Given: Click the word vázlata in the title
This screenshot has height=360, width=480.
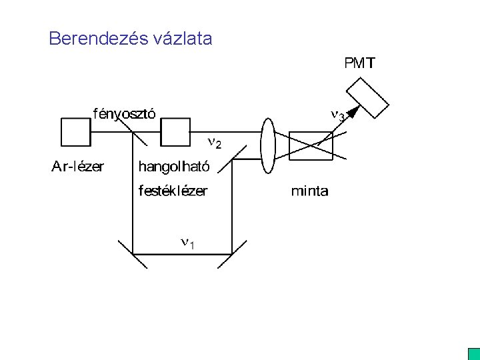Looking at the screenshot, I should coord(182,39).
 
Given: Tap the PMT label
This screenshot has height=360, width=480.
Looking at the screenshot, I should coord(359,64).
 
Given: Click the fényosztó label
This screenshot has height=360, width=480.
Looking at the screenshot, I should coord(124,113).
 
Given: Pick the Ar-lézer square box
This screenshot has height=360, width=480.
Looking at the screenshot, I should coord(75,132).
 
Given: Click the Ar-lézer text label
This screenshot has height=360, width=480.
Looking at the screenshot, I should coord(78,167).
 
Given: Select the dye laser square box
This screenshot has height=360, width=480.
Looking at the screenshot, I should coord(176,132).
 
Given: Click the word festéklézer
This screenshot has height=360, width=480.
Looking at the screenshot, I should coord(173,191).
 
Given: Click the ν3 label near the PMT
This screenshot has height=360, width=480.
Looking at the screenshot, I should coord(339,115).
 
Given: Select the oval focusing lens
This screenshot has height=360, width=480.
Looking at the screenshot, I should coord(268,146).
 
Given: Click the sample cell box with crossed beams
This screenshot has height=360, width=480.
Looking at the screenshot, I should coord(311,146).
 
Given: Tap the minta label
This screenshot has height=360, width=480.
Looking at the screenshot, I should coord(309,191).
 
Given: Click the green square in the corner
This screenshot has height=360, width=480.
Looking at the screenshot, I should coord(474,354).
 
